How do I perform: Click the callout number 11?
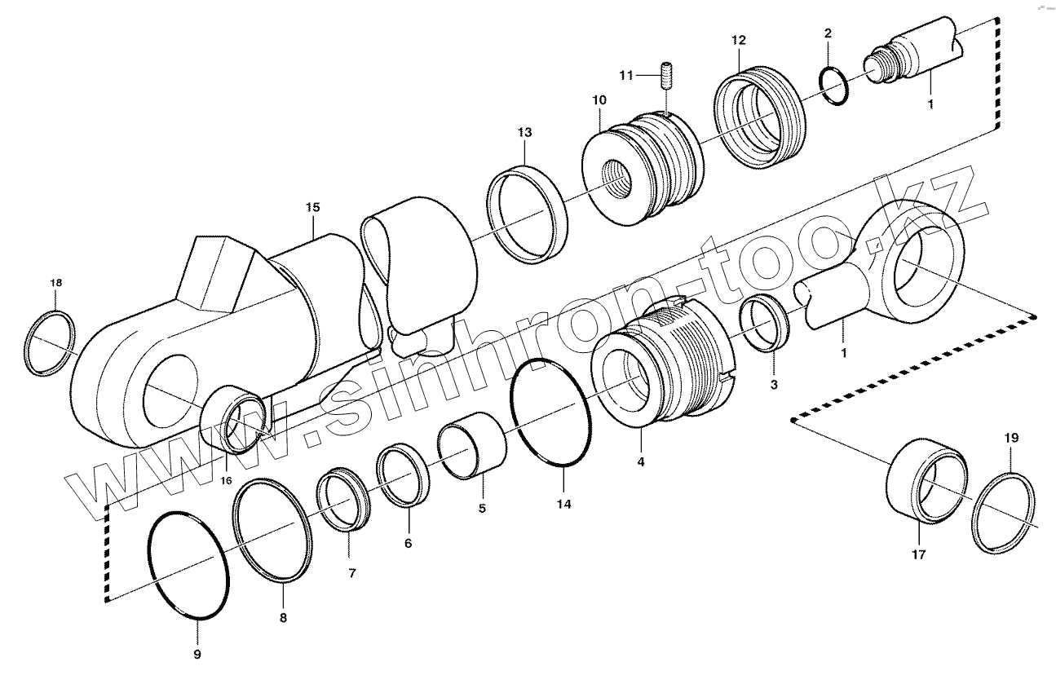pyautogui.click(x=626, y=75)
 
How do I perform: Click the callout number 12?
pyautogui.click(x=738, y=40)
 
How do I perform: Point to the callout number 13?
pyautogui.click(x=524, y=132)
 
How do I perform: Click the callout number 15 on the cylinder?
pyautogui.click(x=313, y=207)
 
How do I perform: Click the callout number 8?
pyautogui.click(x=283, y=617)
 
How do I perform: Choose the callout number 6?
pyautogui.click(x=408, y=543)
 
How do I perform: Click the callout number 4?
pyautogui.click(x=641, y=461)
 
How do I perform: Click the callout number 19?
pyautogui.click(x=1010, y=438)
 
